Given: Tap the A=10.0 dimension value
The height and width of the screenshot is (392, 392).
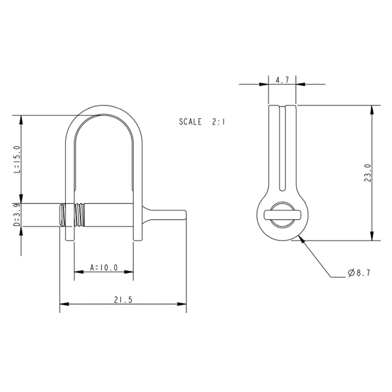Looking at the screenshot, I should click(104, 267).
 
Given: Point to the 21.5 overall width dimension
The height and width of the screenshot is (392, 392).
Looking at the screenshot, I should click(123, 300).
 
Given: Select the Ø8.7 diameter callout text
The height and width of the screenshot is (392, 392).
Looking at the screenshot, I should click(359, 273).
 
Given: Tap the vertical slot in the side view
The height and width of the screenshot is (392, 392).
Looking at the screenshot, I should click(283, 149).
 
